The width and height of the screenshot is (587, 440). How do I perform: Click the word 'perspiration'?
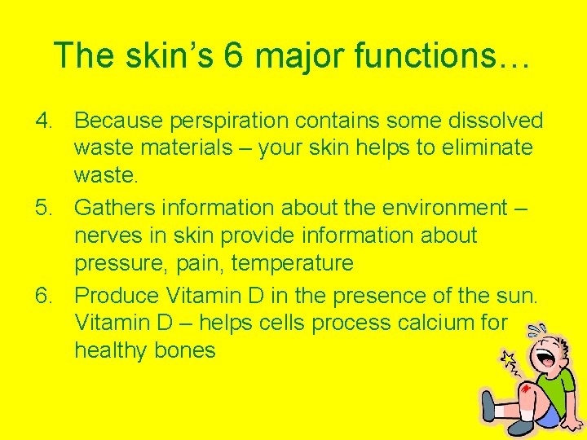coord(227,121)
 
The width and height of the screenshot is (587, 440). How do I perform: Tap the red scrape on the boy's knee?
coord(526,389)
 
